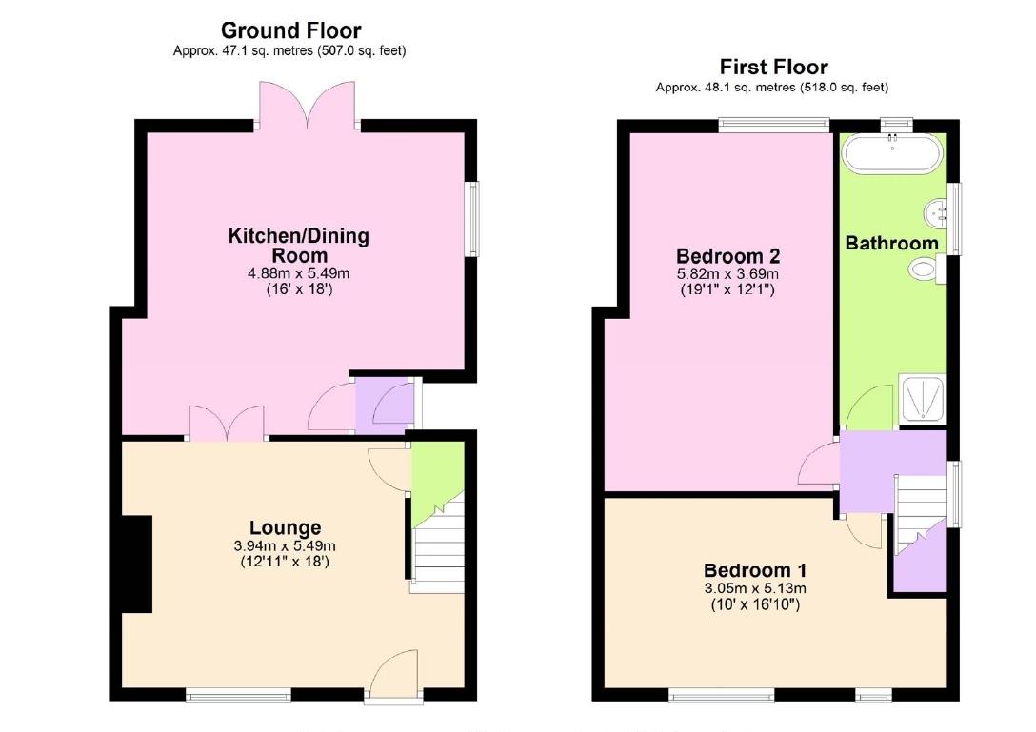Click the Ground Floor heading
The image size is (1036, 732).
click(x=290, y=30)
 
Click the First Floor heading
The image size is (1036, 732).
click(x=772, y=67)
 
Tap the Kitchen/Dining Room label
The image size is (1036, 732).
click(x=298, y=246)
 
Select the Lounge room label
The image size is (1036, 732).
click(x=285, y=527)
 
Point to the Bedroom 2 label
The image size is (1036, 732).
click(x=727, y=256)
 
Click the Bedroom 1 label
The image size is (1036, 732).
click(x=755, y=571)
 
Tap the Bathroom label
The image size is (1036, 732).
click(x=891, y=243)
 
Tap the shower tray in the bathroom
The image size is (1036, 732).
click(x=924, y=400)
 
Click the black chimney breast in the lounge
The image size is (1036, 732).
click(x=137, y=564)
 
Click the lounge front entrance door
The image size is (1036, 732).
click(x=394, y=678)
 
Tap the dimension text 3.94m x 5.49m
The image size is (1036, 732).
click(x=286, y=546)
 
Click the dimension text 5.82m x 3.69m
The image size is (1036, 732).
click(x=727, y=274)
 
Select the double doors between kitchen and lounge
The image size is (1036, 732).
click(x=227, y=424)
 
